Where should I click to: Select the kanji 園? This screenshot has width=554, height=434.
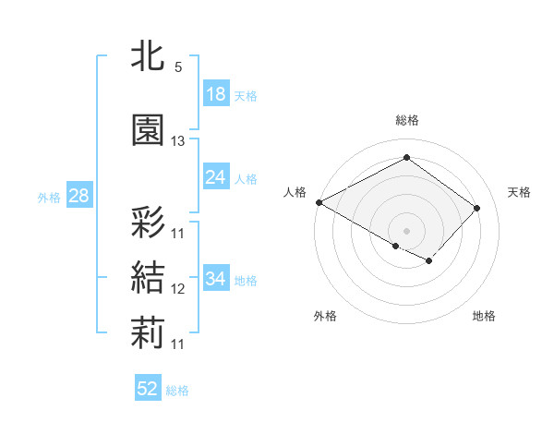pos(149,129)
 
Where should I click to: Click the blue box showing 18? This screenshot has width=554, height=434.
pos(216,94)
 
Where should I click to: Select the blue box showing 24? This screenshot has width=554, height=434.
pos(216,177)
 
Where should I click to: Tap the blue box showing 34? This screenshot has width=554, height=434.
pos(216,279)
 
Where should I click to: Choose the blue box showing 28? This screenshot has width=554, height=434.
pos(78,196)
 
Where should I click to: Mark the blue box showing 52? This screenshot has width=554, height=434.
pos(148,389)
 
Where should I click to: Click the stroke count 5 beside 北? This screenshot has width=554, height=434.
pos(177,68)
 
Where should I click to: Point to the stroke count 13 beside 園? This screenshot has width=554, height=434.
pos(178,141)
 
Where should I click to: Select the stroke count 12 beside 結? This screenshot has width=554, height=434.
pos(178,289)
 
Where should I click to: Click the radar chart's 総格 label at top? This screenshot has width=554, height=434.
pos(406,120)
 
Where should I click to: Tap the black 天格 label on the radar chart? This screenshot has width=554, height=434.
pos(520,192)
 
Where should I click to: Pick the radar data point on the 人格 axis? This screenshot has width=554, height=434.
pos(319,201)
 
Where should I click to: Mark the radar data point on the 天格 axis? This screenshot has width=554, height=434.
pos(476,208)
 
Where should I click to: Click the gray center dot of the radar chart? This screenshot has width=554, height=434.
pos(406,230)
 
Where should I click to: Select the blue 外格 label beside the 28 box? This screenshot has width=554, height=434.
pos(48,197)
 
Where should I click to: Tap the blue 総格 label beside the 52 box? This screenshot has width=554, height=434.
pos(177,391)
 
